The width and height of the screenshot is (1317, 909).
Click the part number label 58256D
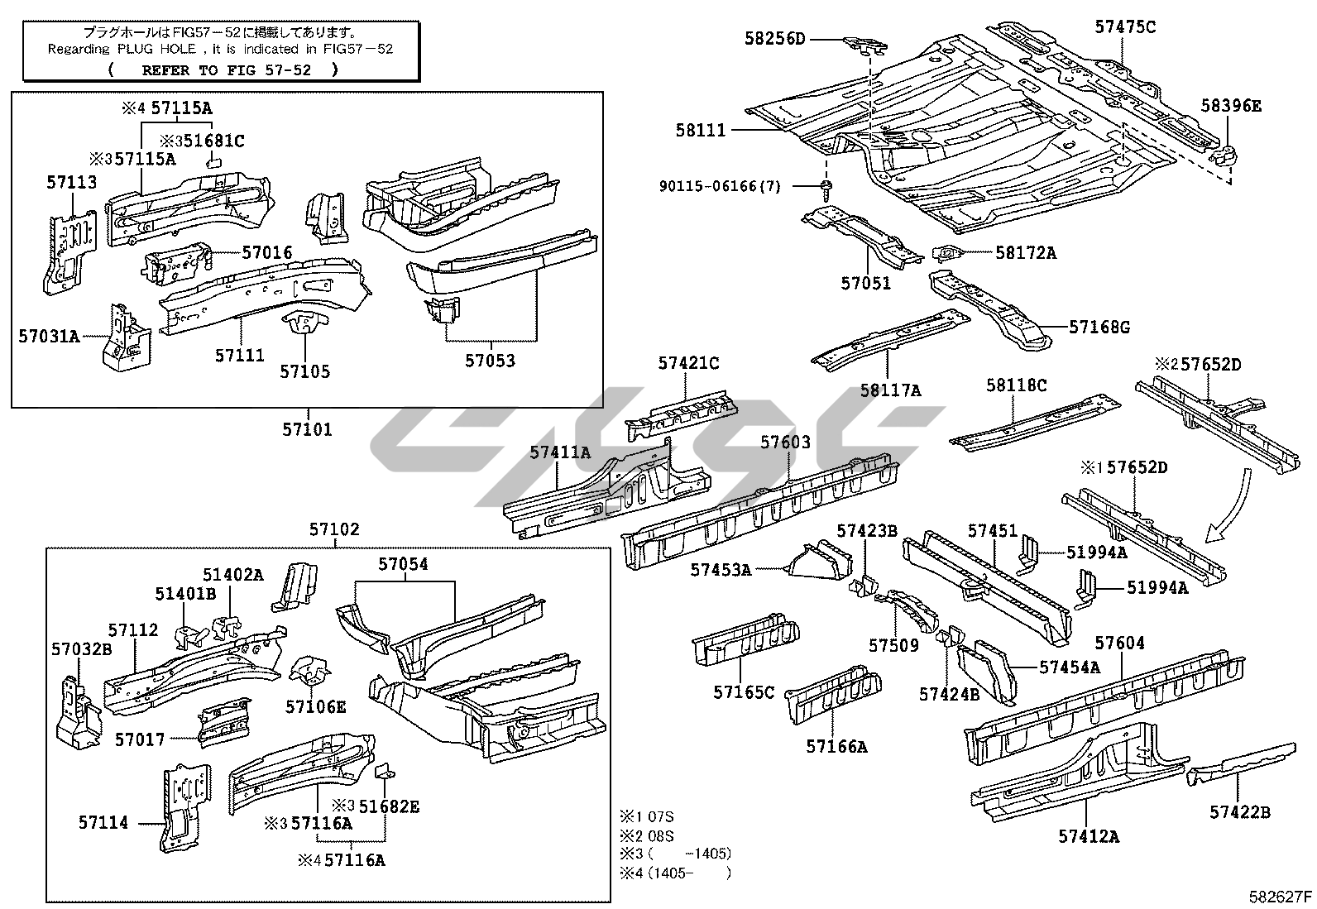(x=774, y=38)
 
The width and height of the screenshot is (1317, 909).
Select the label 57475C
(x=1125, y=26)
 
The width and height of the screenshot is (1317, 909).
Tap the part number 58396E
(x=1231, y=105)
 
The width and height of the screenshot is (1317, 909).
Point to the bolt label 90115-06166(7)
(x=720, y=187)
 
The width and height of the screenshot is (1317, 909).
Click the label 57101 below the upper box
(x=307, y=429)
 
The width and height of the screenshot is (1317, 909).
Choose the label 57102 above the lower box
(x=335, y=529)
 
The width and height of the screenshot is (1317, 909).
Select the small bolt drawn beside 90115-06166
(x=827, y=187)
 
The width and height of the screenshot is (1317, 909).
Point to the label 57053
(x=490, y=361)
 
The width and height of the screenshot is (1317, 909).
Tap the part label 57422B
(x=1239, y=812)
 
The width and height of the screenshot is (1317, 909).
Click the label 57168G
(x=1099, y=327)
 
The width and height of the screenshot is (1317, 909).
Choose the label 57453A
(x=721, y=569)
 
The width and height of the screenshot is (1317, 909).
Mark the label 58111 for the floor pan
(x=700, y=130)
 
